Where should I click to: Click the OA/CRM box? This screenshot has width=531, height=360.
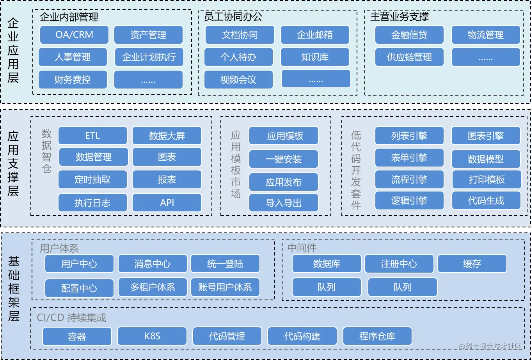pyautogui.click(x=74, y=35)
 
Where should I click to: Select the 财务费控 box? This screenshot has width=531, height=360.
pyautogui.click(x=73, y=80)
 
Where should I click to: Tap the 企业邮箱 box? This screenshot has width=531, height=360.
pyautogui.click(x=315, y=35)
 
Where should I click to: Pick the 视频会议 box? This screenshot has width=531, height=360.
pyautogui.click(x=238, y=80)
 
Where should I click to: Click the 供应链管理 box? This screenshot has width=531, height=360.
pyautogui.click(x=409, y=57)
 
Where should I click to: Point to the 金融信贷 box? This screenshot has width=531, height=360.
pyautogui.click(x=409, y=35)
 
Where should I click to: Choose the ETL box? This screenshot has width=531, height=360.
pyautogui.click(x=92, y=136)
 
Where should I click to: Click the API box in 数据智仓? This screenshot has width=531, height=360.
pyautogui.click(x=167, y=203)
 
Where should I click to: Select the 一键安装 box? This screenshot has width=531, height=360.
pyautogui.click(x=284, y=159)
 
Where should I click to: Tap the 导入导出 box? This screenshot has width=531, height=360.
pyautogui.click(x=284, y=203)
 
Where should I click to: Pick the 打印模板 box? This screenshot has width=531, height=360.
pyautogui.click(x=487, y=179)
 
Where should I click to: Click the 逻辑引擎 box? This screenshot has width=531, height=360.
pyautogui.click(x=409, y=200)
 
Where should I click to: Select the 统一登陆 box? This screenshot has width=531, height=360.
pyautogui.click(x=225, y=264)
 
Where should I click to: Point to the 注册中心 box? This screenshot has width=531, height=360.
pyautogui.click(x=399, y=264)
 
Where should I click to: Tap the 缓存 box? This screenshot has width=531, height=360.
pyautogui.click(x=472, y=264)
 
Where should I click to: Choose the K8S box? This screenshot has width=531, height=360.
pyautogui.click(x=152, y=336)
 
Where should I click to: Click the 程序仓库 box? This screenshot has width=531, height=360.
pyautogui.click(x=377, y=336)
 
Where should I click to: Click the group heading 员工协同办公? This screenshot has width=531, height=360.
pyautogui.click(x=233, y=17)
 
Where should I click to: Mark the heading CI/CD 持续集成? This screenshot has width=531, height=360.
pyautogui.click(x=71, y=317)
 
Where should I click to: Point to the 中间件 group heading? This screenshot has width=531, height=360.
pyautogui.click(x=302, y=248)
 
